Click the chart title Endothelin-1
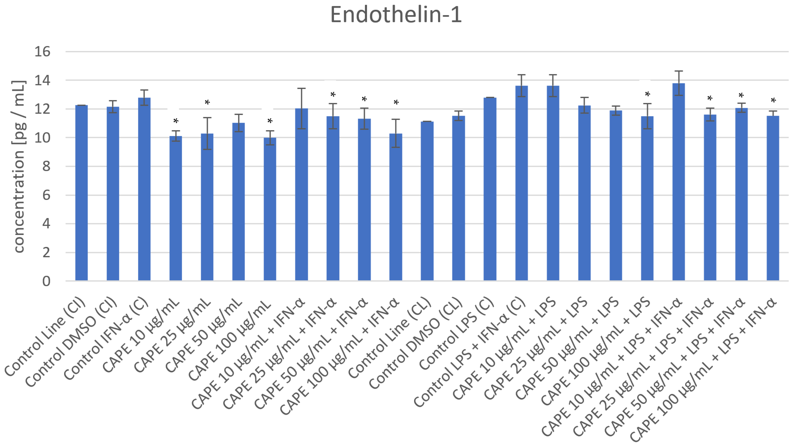coord(396,15)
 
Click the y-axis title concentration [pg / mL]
coord(19,166)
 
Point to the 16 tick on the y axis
coord(42,52)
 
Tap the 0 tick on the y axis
coord(46,281)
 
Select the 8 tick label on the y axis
coord(46,166)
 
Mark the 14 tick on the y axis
coord(42,81)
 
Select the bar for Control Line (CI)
coord(81,193)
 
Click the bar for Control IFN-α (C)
coord(144,190)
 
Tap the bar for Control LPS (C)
coord(490,190)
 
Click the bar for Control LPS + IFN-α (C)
coord(521,184)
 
